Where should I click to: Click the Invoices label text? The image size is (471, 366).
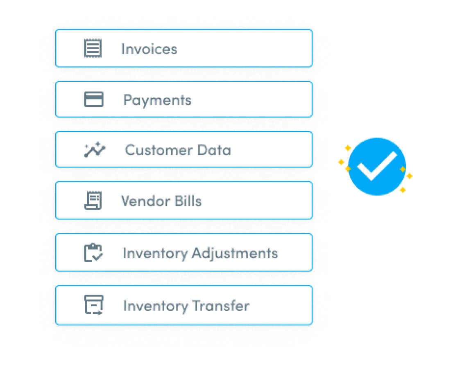149,49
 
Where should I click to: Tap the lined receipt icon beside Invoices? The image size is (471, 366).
93,48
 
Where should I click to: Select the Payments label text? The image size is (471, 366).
157,100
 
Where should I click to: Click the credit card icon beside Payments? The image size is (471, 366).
94,99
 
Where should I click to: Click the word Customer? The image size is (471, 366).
159,150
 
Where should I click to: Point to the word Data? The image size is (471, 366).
214,150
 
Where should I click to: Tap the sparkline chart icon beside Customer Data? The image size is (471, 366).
95,149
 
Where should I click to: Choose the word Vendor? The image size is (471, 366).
146,201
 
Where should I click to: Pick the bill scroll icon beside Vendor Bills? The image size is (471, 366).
93,200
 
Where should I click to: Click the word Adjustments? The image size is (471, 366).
235,253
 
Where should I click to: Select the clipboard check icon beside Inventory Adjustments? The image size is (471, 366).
93,253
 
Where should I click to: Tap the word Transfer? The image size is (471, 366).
221,306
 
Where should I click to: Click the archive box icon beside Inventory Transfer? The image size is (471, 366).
94,305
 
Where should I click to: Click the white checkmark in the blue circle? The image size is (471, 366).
377,166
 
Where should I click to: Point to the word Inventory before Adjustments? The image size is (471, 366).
155,253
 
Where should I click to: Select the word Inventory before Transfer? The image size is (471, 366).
155,306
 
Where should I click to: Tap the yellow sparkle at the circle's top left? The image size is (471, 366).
348,148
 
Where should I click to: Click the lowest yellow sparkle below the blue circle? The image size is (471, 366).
403,190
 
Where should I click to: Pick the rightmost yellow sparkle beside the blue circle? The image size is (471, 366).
410,176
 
